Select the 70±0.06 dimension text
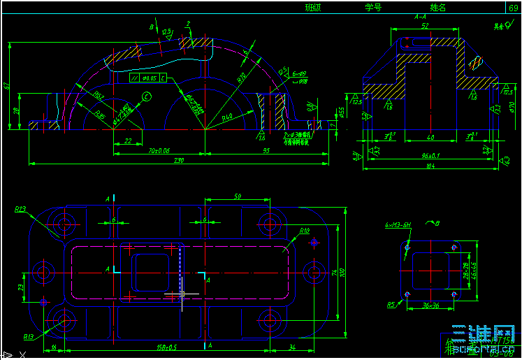click(x=159, y=150)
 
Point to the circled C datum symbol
click(x=147, y=96)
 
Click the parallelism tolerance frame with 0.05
click(x=148, y=78)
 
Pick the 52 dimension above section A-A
click(x=425, y=27)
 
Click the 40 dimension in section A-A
click(x=430, y=138)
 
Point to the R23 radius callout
click(x=20, y=209)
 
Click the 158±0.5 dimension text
click(x=166, y=347)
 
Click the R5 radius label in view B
click(x=391, y=304)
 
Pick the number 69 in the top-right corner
click(x=514, y=7)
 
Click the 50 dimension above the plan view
click(x=237, y=198)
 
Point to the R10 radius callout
click(x=304, y=230)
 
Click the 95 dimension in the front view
click(x=266, y=150)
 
